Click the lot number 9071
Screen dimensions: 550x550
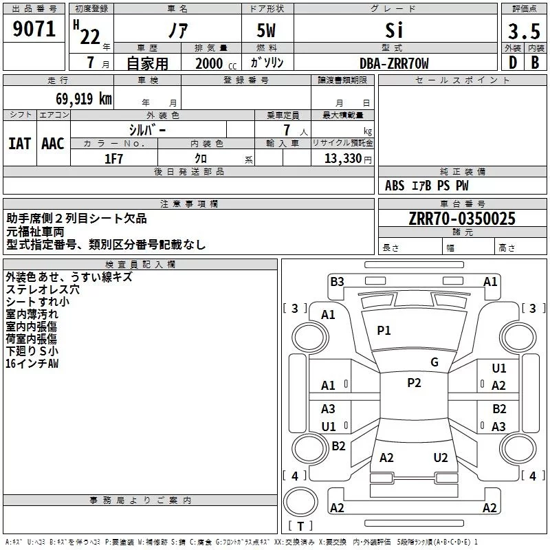tap(34, 29)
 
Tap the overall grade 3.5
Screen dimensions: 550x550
tap(524, 31)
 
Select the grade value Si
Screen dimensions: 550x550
tap(394, 30)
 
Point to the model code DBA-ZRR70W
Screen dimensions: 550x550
tap(394, 63)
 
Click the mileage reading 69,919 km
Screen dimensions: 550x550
tap(84, 99)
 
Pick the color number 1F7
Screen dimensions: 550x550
tap(113, 159)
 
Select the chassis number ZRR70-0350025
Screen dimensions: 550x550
tap(462, 219)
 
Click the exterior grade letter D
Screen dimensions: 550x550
tap(513, 63)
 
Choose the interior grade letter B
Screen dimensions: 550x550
tap(535, 63)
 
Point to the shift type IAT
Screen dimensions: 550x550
tap(20, 144)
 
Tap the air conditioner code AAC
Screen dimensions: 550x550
tap(53, 144)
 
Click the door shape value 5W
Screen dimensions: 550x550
tap(266, 30)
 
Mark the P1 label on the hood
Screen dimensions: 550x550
tap(384, 331)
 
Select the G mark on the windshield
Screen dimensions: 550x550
tap(434, 362)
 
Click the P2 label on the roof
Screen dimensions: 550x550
tap(414, 383)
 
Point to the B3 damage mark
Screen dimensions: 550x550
tap(337, 282)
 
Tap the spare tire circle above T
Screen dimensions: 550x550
tap(300, 502)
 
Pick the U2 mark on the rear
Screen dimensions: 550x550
tap(441, 458)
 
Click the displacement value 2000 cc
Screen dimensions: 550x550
tap(216, 63)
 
